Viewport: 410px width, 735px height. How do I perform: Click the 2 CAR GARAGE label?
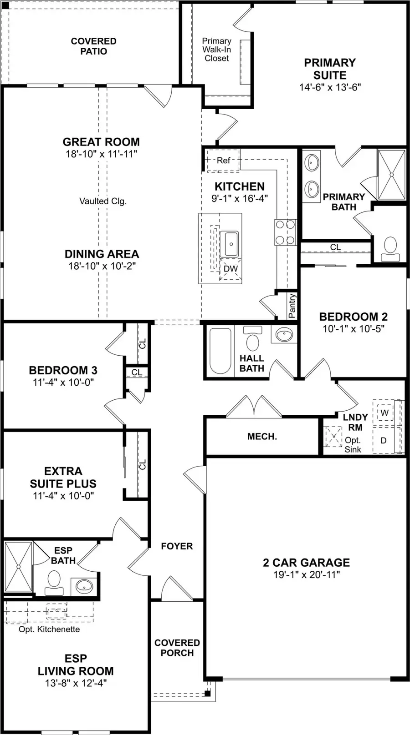pyautogui.click(x=306, y=563)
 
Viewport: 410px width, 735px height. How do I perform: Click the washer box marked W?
pyautogui.click(x=384, y=413)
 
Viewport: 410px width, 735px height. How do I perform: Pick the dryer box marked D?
pyautogui.click(x=384, y=440)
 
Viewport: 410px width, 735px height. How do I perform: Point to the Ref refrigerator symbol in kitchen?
pyautogui.click(x=223, y=160)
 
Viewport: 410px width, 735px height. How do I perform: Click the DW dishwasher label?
pyautogui.click(x=231, y=269)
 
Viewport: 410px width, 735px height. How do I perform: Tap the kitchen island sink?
pyautogui.click(x=231, y=244)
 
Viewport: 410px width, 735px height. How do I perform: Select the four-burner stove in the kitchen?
pyautogui.click(x=285, y=232)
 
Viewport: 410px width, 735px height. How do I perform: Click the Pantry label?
pyautogui.click(x=292, y=306)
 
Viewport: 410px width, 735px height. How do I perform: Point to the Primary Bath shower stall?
pyautogui.click(x=391, y=174)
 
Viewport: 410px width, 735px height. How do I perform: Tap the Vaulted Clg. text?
pyautogui.click(x=102, y=201)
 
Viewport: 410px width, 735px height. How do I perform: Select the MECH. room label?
pyautogui.click(x=262, y=437)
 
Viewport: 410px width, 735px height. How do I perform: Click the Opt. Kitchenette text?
pyautogui.click(x=49, y=629)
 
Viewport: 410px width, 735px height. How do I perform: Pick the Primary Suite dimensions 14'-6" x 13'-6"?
pyautogui.click(x=330, y=87)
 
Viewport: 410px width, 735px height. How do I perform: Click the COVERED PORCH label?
pyautogui.click(x=177, y=648)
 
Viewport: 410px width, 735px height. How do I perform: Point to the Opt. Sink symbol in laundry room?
pyautogui.click(x=333, y=437)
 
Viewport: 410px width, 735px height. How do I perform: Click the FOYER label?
pyautogui.click(x=177, y=546)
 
